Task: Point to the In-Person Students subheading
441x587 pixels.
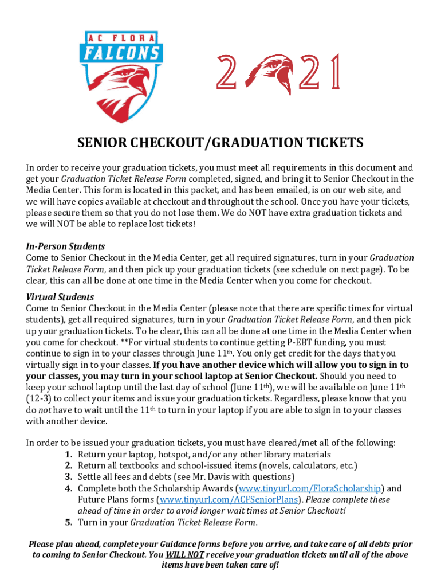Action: [65, 247]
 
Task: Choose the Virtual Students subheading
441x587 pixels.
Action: [60, 297]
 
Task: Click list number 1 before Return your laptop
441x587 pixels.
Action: [68, 455]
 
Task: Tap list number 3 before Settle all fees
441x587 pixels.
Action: [68, 477]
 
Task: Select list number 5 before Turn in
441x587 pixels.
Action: [68, 522]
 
